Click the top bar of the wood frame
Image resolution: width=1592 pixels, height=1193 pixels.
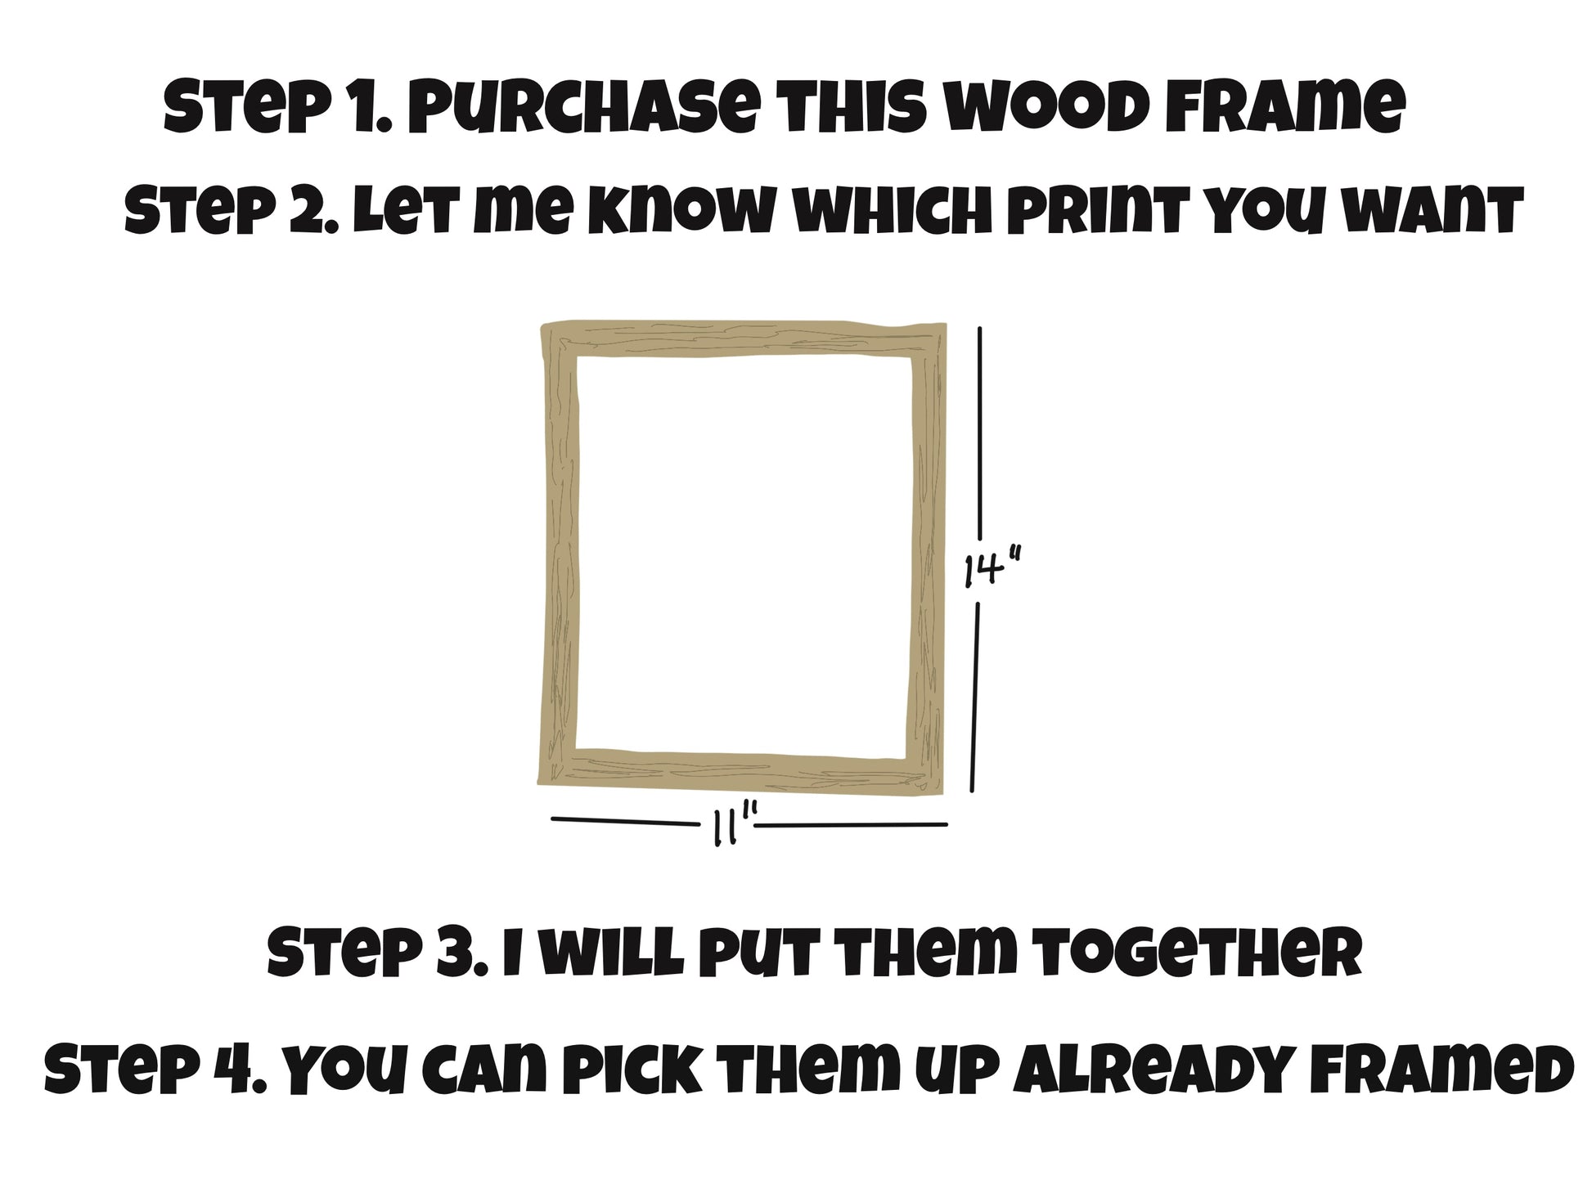tap(744, 339)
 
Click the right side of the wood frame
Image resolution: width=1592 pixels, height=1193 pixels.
tap(927, 556)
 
